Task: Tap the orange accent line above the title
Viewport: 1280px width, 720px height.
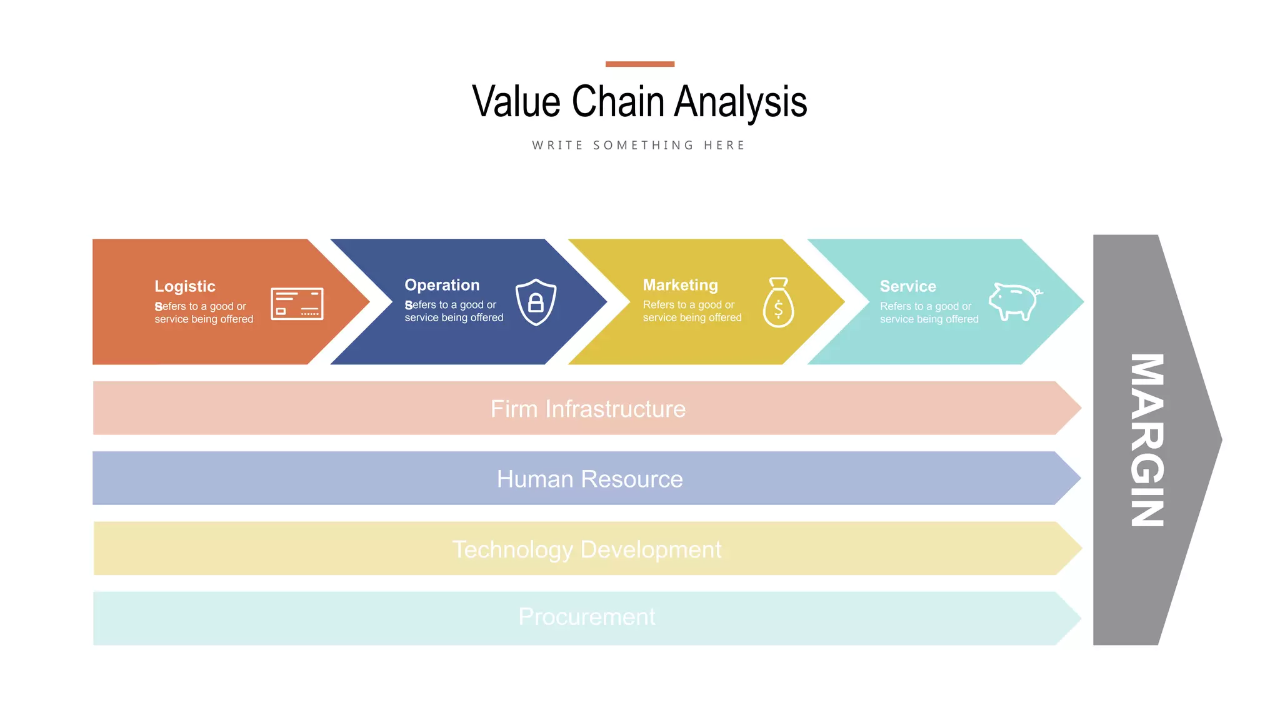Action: point(639,64)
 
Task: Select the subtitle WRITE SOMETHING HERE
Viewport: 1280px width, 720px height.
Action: point(639,146)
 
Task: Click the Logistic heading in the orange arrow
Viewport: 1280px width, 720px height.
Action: point(185,286)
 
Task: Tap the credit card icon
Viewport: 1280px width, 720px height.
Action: point(297,304)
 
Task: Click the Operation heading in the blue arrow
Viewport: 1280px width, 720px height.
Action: point(442,285)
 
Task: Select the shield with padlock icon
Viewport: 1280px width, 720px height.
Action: point(536,302)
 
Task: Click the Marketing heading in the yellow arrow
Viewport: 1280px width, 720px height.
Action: point(680,285)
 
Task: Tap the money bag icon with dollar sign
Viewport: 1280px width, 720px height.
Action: point(778,303)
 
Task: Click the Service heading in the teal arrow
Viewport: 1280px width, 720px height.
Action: point(907,286)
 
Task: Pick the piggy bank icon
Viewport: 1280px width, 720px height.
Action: point(1014,301)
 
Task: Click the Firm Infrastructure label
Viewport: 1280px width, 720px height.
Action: point(587,409)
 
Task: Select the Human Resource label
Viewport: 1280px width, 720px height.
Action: point(589,479)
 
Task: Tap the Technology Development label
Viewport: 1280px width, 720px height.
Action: point(586,549)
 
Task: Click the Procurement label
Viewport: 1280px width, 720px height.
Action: point(586,617)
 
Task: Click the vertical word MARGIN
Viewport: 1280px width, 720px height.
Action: point(1147,440)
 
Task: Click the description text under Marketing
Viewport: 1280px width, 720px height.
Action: point(692,311)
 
